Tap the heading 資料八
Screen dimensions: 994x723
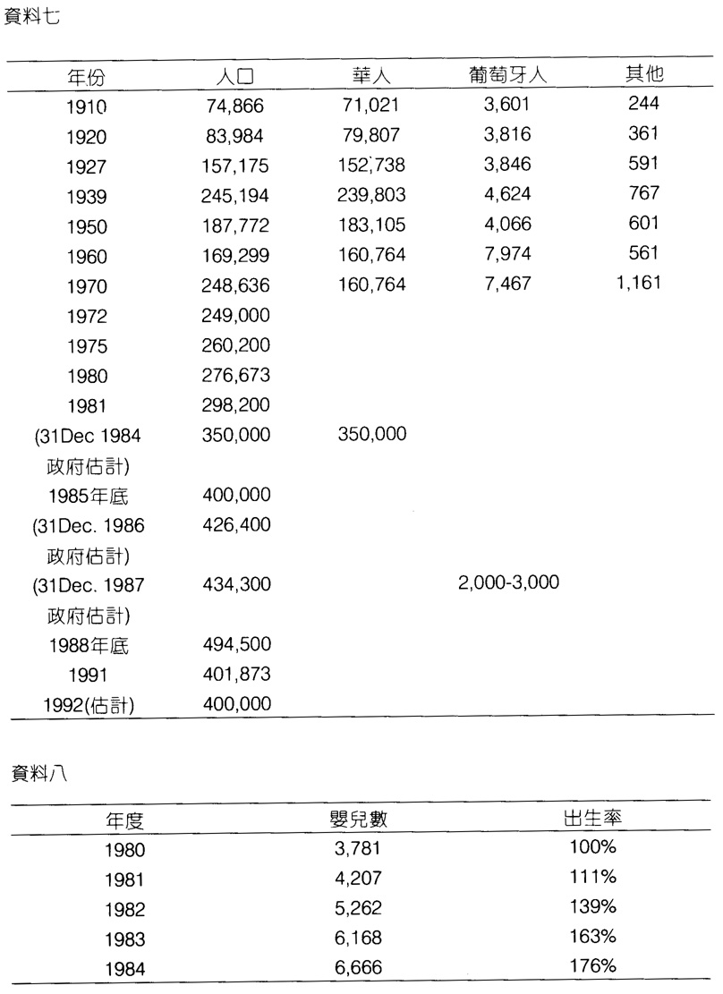coord(32,775)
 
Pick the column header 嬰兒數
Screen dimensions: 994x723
coord(358,819)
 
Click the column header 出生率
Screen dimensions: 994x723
coord(593,818)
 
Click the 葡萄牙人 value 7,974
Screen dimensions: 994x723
coord(507,255)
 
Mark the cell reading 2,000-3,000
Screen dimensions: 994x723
coord(508,584)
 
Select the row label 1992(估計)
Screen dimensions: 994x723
coord(89,705)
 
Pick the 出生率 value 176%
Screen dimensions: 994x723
coord(592,966)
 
